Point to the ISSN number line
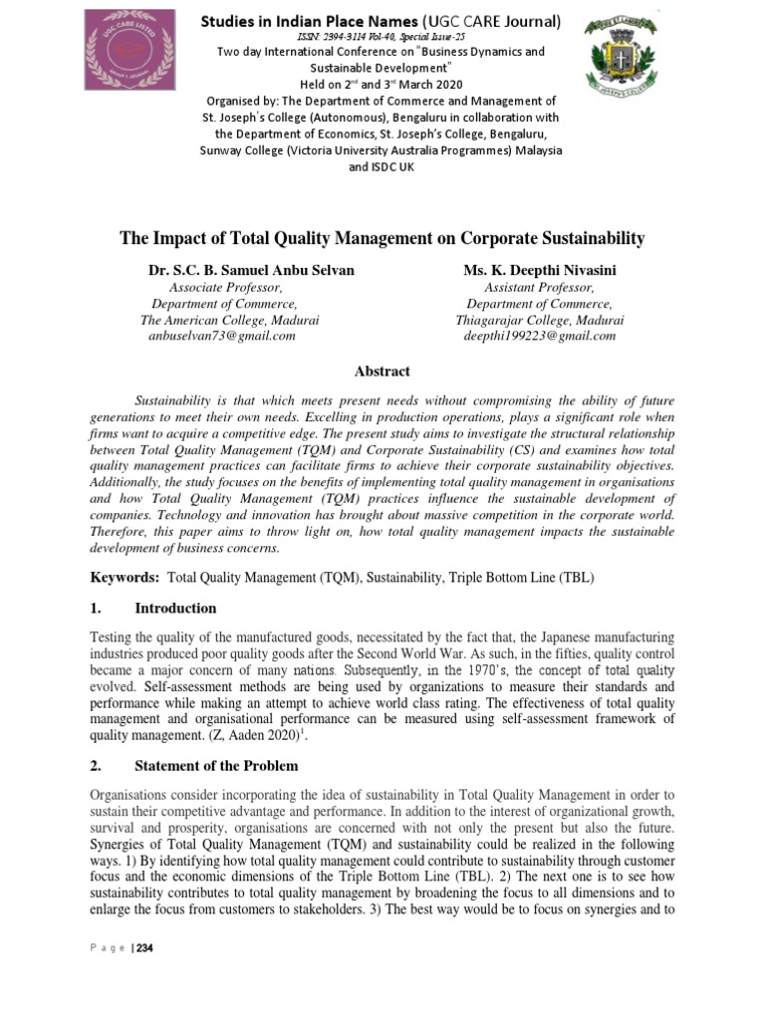[382, 36]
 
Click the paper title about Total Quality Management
[382, 238]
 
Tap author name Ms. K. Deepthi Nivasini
[540, 271]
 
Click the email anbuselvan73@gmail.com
[221, 336]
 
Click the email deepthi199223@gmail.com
[540, 336]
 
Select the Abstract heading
[382, 372]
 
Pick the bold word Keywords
[125, 577]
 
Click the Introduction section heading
[175, 609]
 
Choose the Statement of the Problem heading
[216, 766]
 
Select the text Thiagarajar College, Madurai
[540, 320]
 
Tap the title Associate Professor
[226, 288]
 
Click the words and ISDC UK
[382, 167]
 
